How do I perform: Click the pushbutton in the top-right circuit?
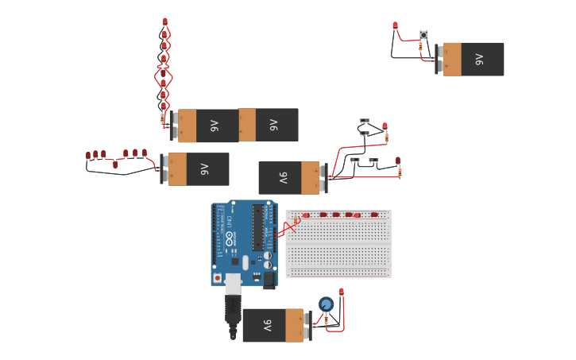click(424, 35)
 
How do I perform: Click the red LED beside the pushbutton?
click(395, 25)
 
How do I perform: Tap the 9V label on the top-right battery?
click(479, 60)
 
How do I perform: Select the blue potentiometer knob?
click(326, 304)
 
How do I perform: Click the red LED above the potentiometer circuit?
click(342, 292)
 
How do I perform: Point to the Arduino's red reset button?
click(218, 278)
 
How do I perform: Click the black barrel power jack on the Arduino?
click(269, 280)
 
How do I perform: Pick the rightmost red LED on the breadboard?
click(374, 215)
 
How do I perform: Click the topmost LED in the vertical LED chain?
click(165, 21)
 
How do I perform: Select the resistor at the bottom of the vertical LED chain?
click(164, 118)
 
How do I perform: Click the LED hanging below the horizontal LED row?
click(115, 165)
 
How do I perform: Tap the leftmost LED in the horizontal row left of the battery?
click(87, 156)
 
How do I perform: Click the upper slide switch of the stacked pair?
click(365, 121)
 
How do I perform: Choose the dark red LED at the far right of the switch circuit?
click(398, 160)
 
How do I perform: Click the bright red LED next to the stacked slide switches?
click(385, 126)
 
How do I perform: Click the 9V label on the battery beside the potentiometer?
click(268, 325)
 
